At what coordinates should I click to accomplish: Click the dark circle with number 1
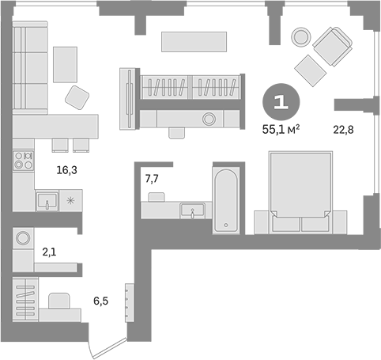click(279, 102)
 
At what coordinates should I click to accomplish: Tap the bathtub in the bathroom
click(225, 202)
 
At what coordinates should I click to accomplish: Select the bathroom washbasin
click(190, 210)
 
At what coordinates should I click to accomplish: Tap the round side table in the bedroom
click(300, 37)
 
